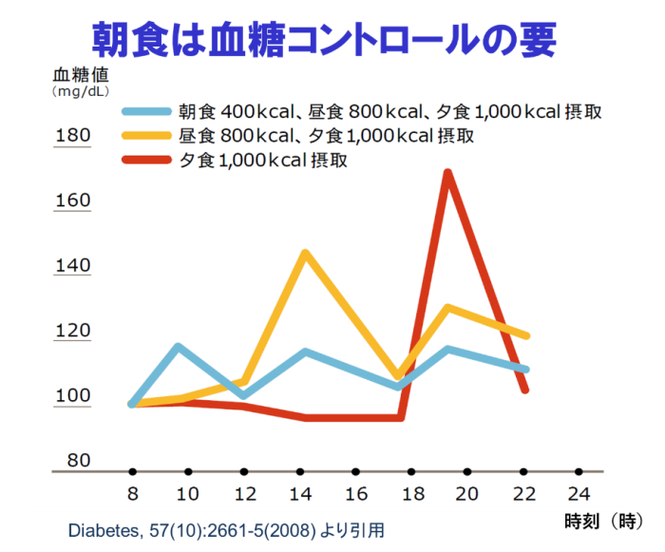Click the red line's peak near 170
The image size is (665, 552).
(x=446, y=173)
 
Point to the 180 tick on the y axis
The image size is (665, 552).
(x=73, y=136)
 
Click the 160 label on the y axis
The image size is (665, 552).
(x=73, y=200)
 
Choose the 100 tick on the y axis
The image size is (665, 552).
(x=73, y=396)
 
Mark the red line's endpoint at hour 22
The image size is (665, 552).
(x=524, y=389)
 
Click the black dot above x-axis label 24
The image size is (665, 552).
(x=579, y=471)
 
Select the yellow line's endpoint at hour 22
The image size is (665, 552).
(x=525, y=335)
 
